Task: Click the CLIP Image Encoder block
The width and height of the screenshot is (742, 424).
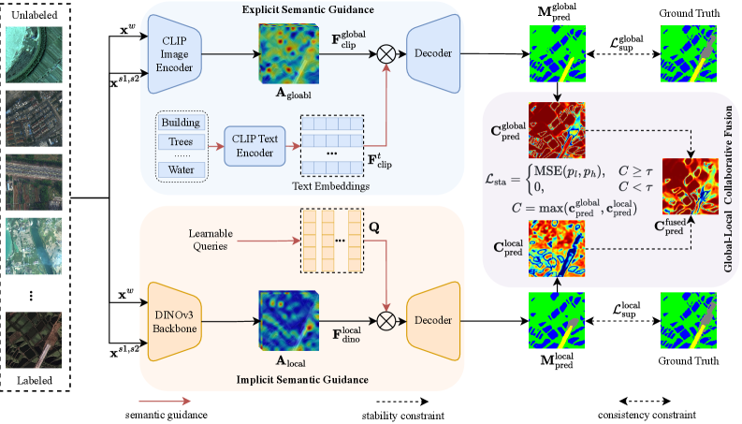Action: click(176, 54)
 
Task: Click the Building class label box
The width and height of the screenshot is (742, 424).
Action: click(181, 123)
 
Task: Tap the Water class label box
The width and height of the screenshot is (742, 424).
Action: click(181, 169)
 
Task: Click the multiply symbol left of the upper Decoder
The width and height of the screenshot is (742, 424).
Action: click(383, 54)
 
